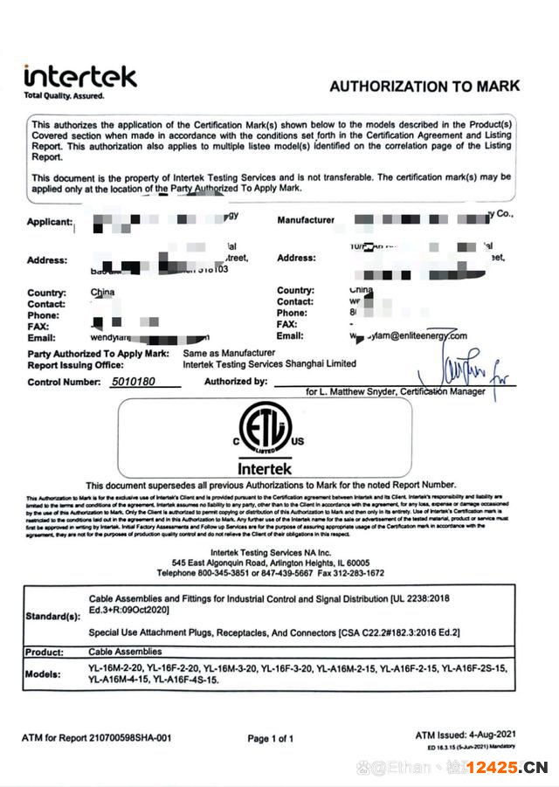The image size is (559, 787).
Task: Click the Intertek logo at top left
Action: (x=79, y=80)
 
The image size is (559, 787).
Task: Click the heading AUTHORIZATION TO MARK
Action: (x=424, y=86)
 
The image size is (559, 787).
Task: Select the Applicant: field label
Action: (x=49, y=222)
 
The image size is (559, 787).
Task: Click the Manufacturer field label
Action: (x=305, y=220)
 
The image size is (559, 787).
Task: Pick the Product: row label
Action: (x=45, y=652)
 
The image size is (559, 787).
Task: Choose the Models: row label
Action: (x=44, y=674)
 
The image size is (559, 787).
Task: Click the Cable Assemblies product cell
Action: (x=125, y=652)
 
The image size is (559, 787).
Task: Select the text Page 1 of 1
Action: (x=270, y=739)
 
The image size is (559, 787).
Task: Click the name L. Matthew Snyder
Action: (x=359, y=392)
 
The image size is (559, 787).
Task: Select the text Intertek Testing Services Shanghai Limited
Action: (x=269, y=363)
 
